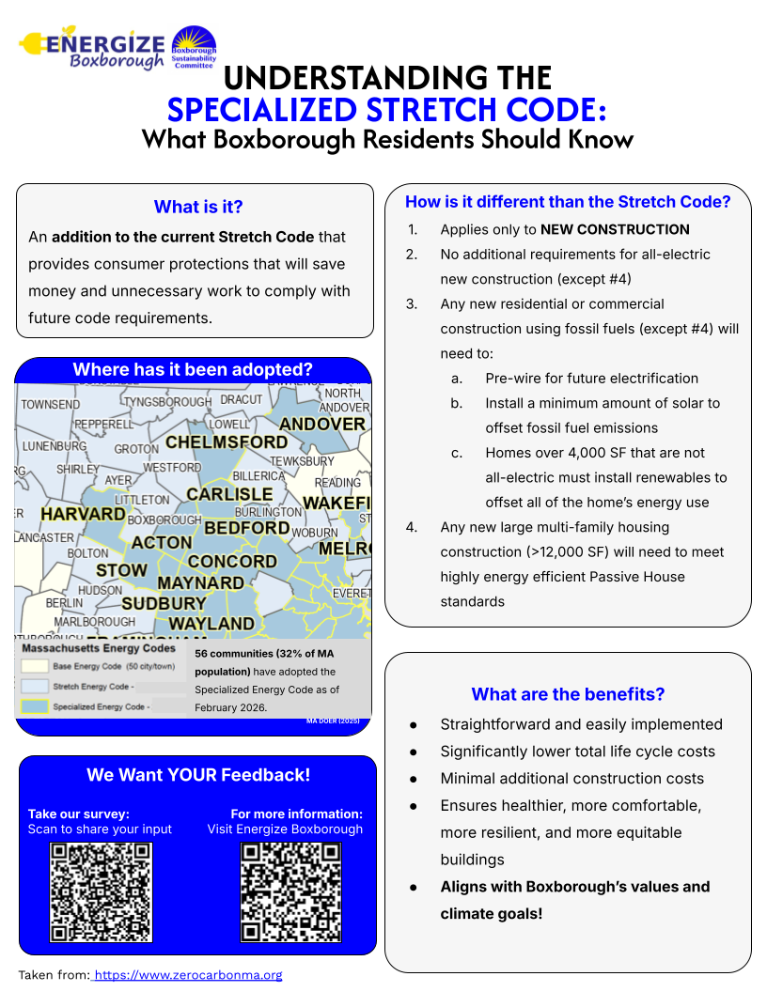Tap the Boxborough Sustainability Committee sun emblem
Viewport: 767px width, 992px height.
(x=194, y=47)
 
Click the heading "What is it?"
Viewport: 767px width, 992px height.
(x=197, y=207)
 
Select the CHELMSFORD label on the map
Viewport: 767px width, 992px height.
(x=227, y=442)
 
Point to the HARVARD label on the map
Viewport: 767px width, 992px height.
(x=83, y=515)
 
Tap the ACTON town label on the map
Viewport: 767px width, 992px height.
(x=162, y=543)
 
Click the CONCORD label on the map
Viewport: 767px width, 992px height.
(x=232, y=562)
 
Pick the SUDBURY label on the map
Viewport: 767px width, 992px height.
(x=164, y=603)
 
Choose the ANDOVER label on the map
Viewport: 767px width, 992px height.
(x=322, y=425)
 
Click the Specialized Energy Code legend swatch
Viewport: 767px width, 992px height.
(x=35, y=706)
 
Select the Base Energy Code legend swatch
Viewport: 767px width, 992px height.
(x=35, y=666)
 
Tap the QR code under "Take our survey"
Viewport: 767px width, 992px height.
(x=101, y=891)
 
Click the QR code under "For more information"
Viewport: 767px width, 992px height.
(x=290, y=891)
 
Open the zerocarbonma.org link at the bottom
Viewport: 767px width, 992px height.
(x=187, y=975)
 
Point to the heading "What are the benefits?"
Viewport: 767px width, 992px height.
(x=568, y=694)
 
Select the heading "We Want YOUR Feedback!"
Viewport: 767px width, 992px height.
(x=198, y=775)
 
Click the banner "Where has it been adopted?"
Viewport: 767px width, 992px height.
(x=193, y=369)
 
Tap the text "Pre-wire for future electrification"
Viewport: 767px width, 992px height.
(x=591, y=379)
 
